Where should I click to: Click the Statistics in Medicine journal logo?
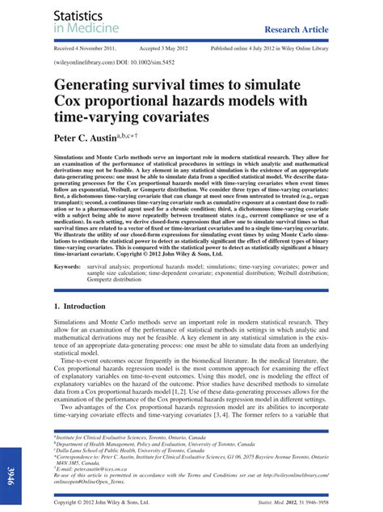tap(86, 22)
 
